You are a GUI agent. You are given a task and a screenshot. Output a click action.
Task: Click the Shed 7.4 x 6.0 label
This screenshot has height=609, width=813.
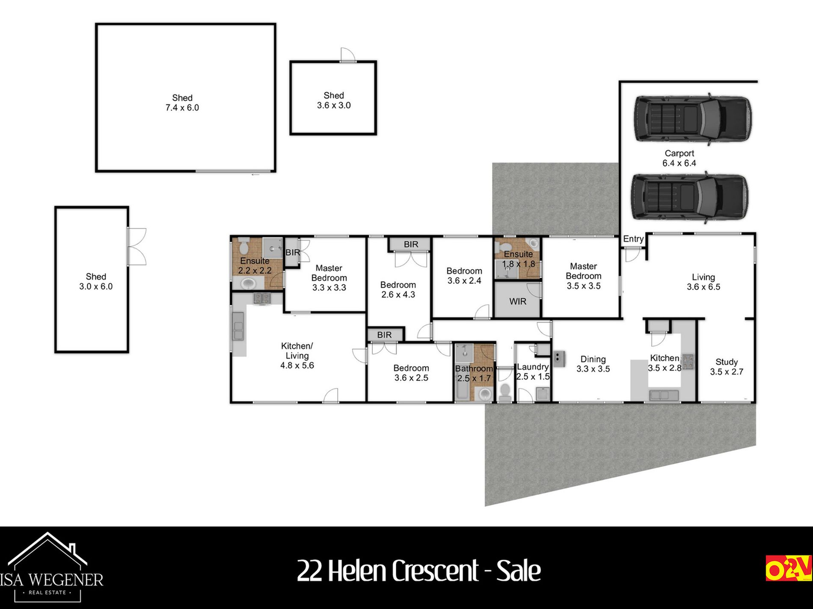pyautogui.click(x=182, y=103)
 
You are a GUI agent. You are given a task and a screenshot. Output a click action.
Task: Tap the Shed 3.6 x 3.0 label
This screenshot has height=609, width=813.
pyautogui.click(x=334, y=100)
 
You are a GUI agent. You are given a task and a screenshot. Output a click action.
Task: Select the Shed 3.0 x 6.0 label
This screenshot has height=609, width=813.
pyautogui.click(x=96, y=282)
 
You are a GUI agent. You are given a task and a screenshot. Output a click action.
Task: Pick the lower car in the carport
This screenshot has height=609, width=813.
pyautogui.click(x=690, y=197)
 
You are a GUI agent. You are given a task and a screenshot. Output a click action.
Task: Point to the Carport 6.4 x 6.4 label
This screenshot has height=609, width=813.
pyautogui.click(x=679, y=158)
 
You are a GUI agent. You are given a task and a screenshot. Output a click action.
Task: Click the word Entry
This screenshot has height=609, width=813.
pyautogui.click(x=633, y=239)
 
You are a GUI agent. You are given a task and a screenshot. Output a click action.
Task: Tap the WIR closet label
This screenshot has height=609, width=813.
pyautogui.click(x=518, y=302)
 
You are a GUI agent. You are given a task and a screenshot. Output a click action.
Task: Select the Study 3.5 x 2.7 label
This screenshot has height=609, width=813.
pyautogui.click(x=727, y=367)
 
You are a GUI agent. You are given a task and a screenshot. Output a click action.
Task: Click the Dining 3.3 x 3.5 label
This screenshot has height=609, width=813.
pyautogui.click(x=593, y=364)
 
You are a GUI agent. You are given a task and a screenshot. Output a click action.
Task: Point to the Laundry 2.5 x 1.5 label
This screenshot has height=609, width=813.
pyautogui.click(x=533, y=372)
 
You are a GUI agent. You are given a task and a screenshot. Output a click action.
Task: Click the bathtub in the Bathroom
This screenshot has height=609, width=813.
pyautogui.click(x=462, y=388)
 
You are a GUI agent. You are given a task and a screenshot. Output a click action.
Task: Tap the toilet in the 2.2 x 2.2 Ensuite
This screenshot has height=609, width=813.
pyautogui.click(x=244, y=246)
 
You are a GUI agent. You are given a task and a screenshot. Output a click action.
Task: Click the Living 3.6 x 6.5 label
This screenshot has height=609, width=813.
pyautogui.click(x=703, y=282)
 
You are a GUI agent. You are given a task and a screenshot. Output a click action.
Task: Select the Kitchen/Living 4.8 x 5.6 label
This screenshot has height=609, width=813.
pyautogui.click(x=297, y=356)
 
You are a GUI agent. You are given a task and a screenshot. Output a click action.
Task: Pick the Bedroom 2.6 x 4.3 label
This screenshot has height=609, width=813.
pyautogui.click(x=398, y=290)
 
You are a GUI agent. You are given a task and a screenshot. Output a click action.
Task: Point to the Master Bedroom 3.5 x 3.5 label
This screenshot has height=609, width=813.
pyautogui.click(x=584, y=276)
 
